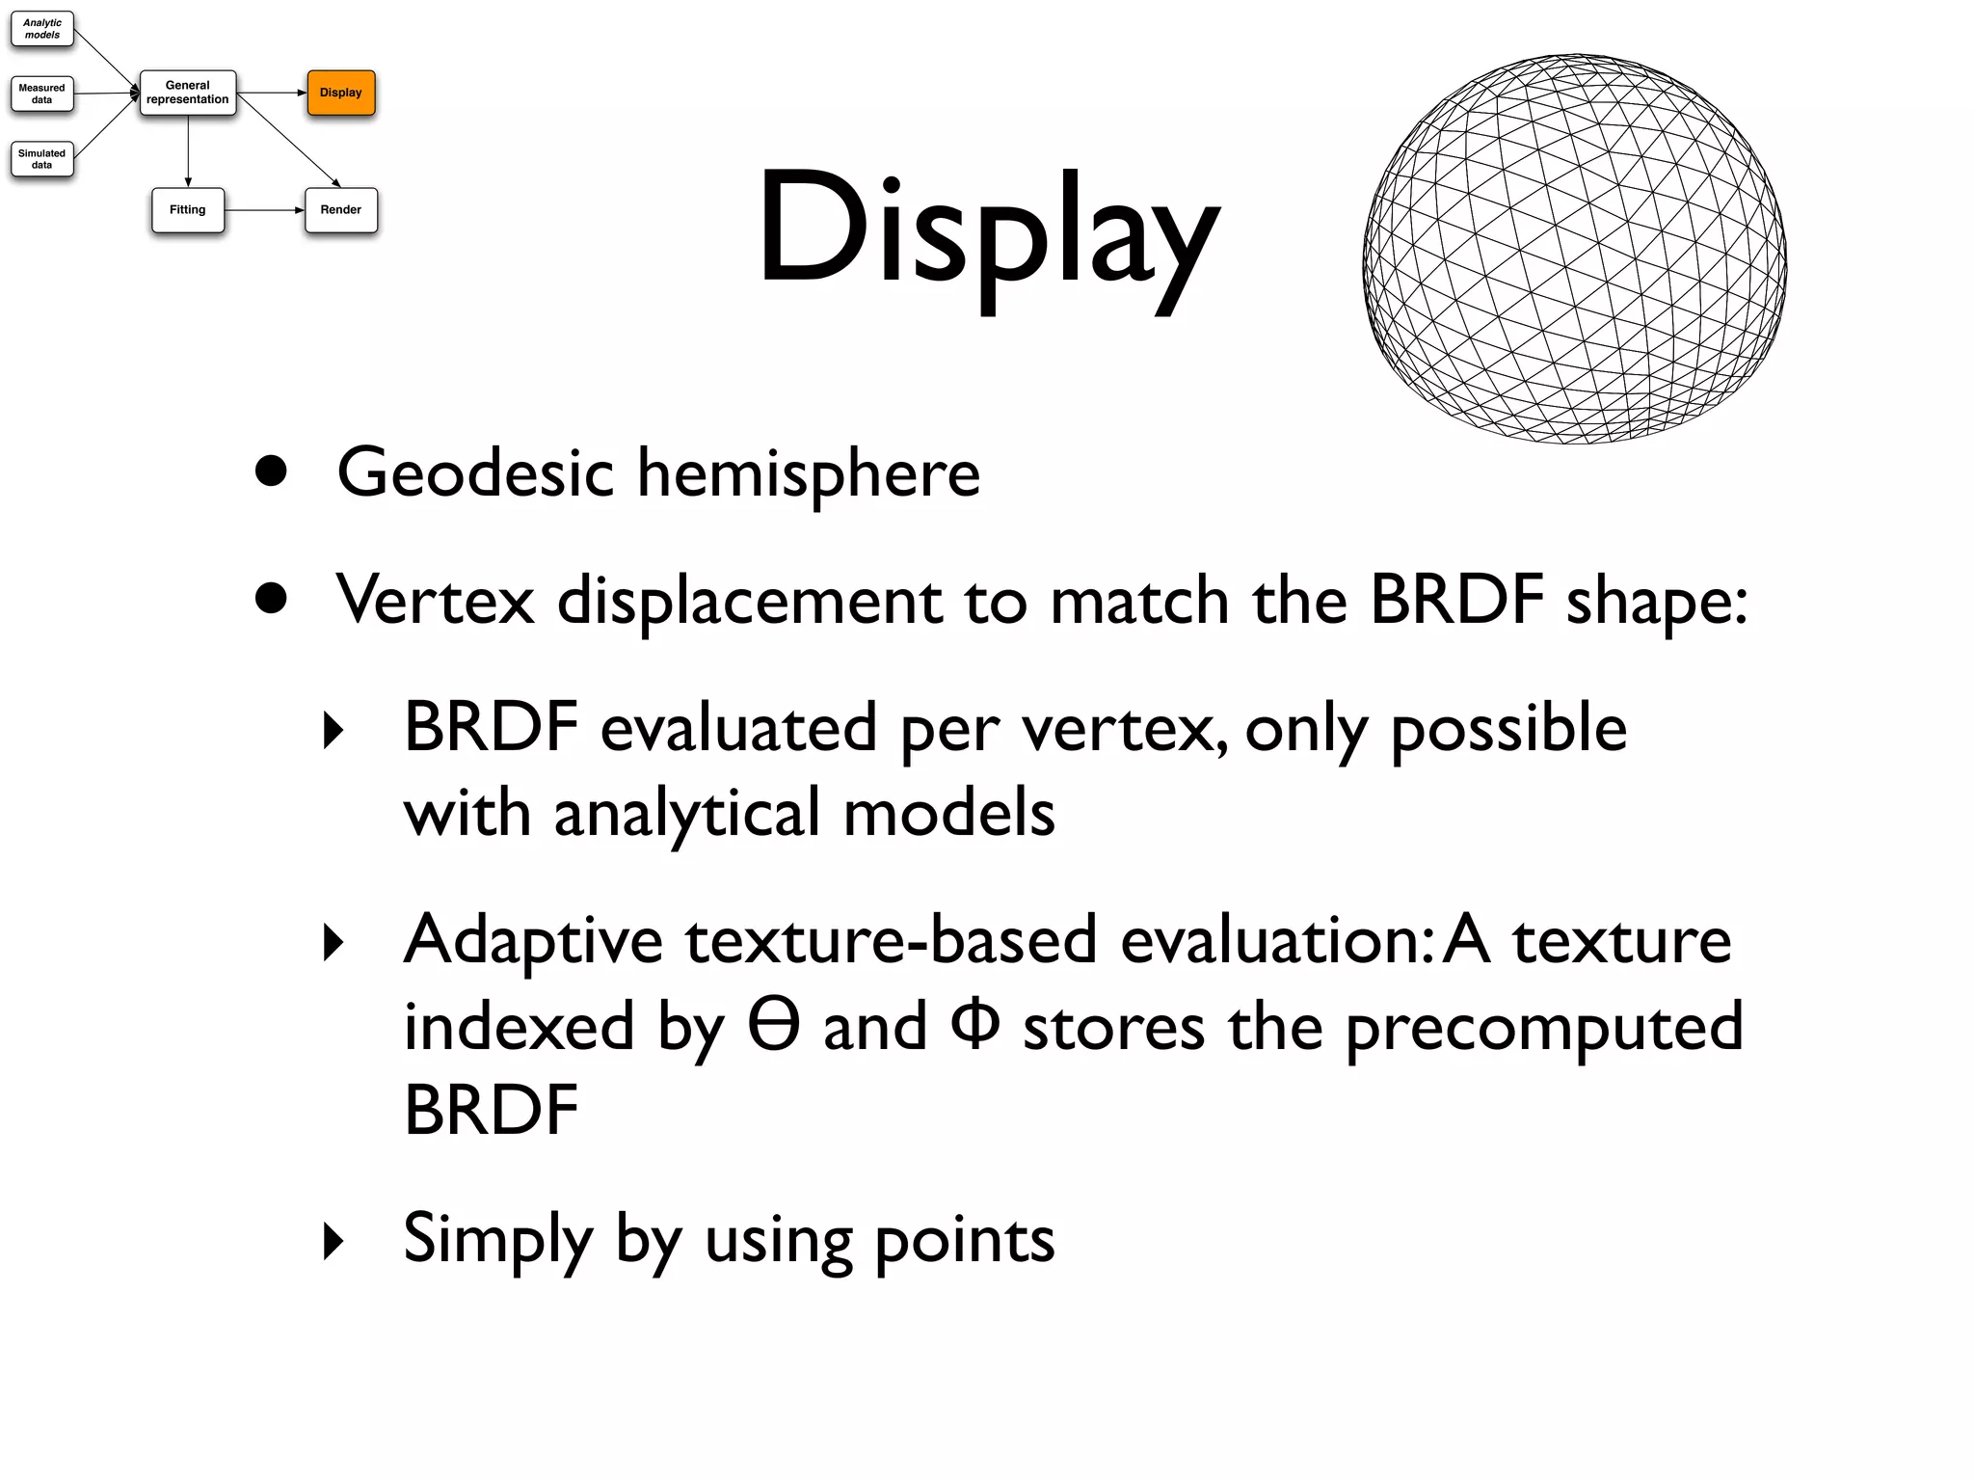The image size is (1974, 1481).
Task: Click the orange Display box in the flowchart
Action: [x=341, y=93]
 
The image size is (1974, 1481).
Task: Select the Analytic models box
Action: [x=42, y=29]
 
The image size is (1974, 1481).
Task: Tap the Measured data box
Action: [x=42, y=94]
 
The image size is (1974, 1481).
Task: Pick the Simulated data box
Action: [x=42, y=159]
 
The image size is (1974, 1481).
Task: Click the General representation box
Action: [x=188, y=93]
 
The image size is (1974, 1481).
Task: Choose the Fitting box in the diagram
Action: [x=188, y=210]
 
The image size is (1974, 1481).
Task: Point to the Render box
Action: [x=341, y=210]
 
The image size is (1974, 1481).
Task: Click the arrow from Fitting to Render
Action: [x=264, y=210]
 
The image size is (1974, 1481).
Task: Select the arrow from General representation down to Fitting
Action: [x=188, y=150]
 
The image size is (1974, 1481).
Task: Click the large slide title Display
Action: [x=988, y=231]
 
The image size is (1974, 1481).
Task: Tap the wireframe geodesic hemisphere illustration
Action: [x=1574, y=249]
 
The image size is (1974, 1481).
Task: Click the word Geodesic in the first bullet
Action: [x=475, y=474]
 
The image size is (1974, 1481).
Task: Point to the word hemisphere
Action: [x=809, y=474]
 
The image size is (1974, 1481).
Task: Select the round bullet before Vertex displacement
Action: [x=272, y=599]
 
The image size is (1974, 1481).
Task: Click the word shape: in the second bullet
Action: [x=1656, y=603]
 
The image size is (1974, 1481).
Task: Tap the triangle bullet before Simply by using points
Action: [x=333, y=1241]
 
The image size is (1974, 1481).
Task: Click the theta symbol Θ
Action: [x=774, y=1025]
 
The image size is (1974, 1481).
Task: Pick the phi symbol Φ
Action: [x=974, y=1025]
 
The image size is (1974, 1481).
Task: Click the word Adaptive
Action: [x=533, y=942]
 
